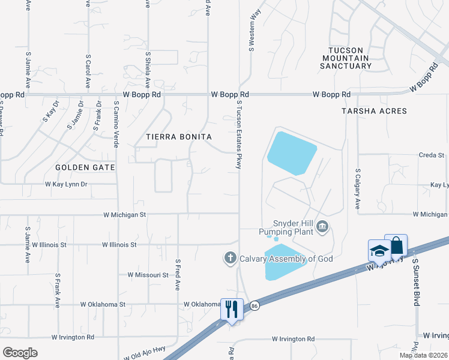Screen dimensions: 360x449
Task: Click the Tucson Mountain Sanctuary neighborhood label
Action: [x=349, y=58]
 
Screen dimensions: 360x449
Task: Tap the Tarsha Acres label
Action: [x=374, y=111]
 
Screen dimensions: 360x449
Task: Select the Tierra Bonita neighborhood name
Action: [x=179, y=137]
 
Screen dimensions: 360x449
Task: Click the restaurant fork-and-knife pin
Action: [x=232, y=309]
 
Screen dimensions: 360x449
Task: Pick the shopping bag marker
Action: [x=396, y=245]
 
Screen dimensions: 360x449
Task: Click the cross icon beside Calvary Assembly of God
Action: [x=229, y=259]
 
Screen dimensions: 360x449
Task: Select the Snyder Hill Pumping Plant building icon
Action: [x=323, y=226]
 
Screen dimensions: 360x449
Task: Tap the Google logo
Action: [x=20, y=353]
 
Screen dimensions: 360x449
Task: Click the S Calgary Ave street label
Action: [x=357, y=188]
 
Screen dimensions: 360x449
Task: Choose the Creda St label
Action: [x=431, y=155]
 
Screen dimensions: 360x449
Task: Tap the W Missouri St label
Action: [x=148, y=275]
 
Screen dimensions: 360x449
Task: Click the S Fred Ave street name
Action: [x=178, y=275]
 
